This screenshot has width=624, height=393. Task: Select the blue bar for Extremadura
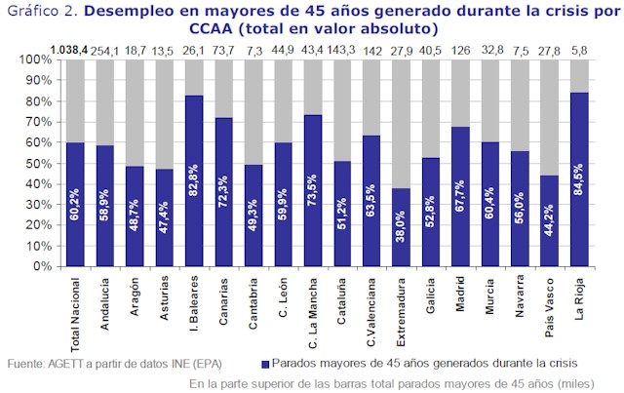click(x=402, y=226)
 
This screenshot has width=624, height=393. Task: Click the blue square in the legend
click(x=264, y=363)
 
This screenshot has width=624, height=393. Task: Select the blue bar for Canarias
click(x=222, y=191)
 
